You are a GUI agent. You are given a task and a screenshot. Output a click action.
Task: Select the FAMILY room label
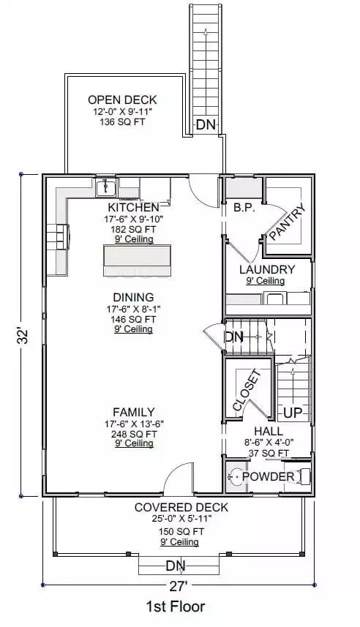(133, 412)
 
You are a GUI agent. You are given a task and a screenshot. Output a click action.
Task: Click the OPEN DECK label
(122, 100)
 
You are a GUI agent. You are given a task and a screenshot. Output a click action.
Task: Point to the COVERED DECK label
(181, 507)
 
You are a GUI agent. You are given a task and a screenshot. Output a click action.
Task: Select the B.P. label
(243, 208)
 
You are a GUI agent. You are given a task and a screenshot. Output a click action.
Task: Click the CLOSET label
(247, 391)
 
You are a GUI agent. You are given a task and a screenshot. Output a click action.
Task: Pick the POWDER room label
(268, 477)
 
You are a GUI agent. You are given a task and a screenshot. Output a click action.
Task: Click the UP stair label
(292, 413)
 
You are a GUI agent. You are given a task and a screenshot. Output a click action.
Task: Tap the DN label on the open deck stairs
(206, 125)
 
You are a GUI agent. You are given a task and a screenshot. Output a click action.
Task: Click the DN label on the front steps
(175, 566)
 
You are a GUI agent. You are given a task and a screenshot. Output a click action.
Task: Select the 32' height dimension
(23, 337)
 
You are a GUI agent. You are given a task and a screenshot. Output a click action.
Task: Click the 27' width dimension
(180, 585)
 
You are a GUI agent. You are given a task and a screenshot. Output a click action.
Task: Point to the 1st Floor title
(175, 607)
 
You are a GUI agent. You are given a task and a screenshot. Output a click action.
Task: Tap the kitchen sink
(108, 188)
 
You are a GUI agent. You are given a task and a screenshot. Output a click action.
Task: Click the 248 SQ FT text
(133, 433)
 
